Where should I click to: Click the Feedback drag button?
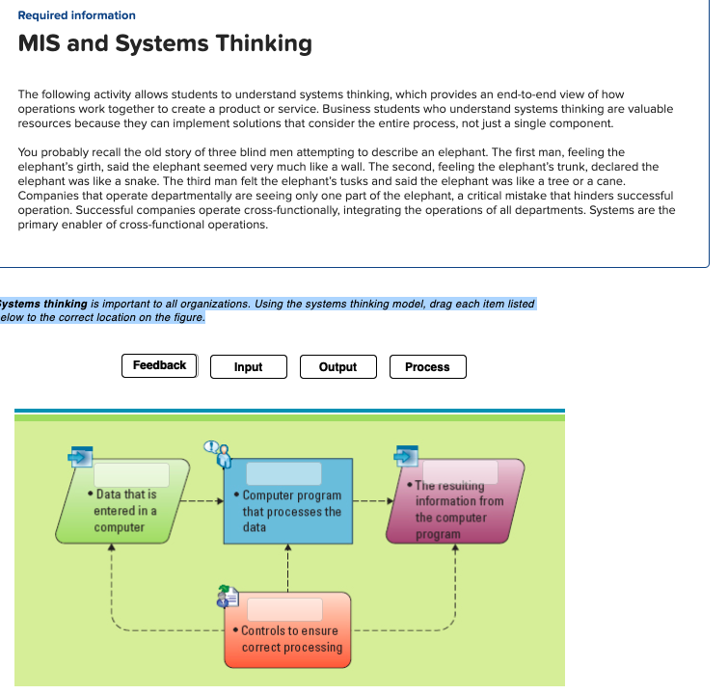pyautogui.click(x=159, y=365)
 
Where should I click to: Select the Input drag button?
pyautogui.click(x=248, y=367)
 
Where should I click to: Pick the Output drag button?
pyautogui.click(x=337, y=367)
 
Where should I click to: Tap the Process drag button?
pyautogui.click(x=427, y=367)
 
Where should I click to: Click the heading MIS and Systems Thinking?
pyautogui.click(x=165, y=43)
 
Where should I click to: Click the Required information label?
pyautogui.click(x=77, y=15)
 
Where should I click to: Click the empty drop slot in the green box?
pyautogui.click(x=132, y=474)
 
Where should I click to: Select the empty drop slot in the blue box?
pyautogui.click(x=283, y=473)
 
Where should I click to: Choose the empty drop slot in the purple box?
pyautogui.click(x=459, y=471)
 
